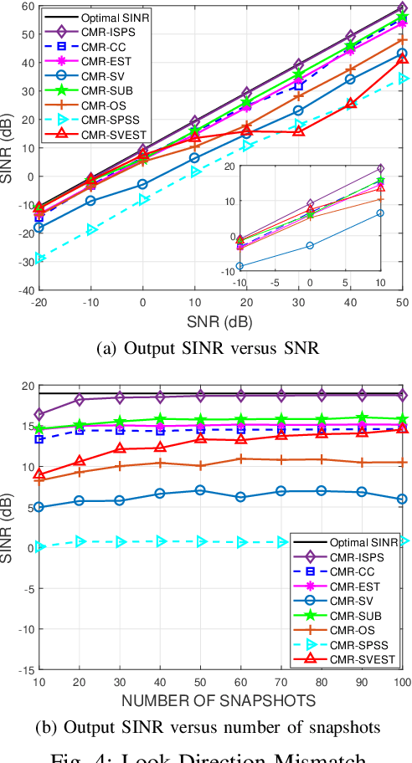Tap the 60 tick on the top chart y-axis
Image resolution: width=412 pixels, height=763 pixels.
(x=27, y=6)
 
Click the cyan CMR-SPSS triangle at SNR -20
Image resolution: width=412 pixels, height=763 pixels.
(x=38, y=259)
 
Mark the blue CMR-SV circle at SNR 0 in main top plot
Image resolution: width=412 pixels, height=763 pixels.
(x=142, y=184)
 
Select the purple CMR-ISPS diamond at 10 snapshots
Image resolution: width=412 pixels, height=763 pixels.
(x=38, y=414)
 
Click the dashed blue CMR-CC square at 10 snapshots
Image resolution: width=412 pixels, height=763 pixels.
(x=38, y=439)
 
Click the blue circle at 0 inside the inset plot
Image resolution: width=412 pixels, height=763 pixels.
(x=311, y=245)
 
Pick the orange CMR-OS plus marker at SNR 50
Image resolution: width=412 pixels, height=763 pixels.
(x=403, y=39)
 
